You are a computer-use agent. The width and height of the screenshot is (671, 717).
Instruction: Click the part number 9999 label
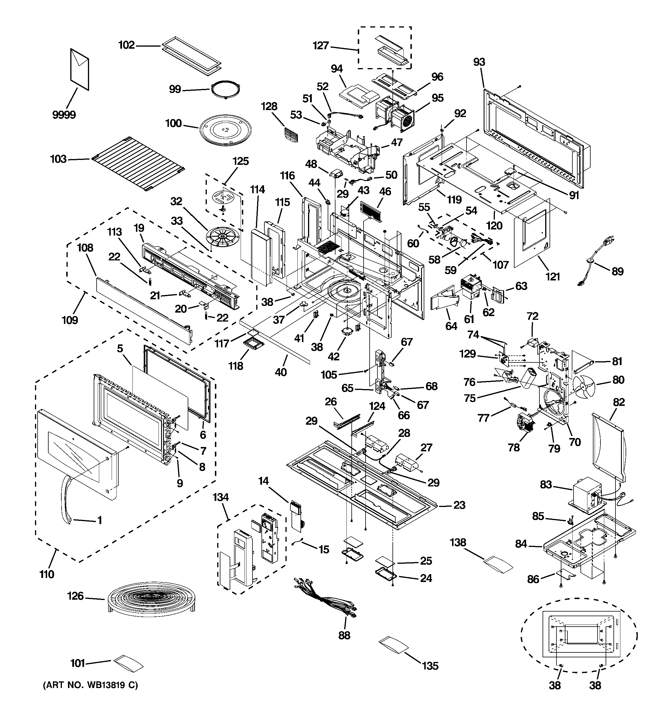pos(64,115)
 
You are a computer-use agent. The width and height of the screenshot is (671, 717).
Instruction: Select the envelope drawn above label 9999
pos(80,69)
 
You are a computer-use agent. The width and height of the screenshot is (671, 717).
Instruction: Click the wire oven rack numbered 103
pos(138,163)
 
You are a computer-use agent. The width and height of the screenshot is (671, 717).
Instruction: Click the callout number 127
pos(320,45)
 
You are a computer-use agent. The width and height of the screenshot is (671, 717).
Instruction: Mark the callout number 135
pos(430,665)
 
